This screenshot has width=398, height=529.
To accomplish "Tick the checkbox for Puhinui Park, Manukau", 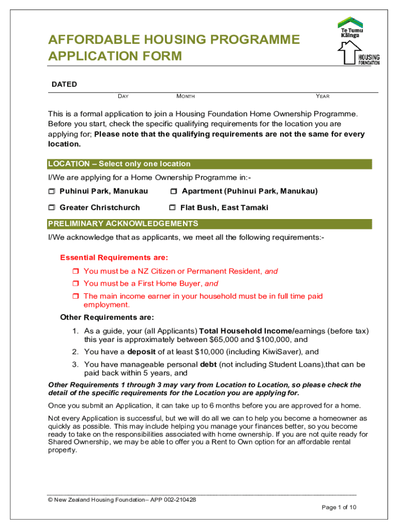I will click(52, 192).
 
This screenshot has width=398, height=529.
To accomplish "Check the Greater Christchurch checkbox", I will click(52, 208).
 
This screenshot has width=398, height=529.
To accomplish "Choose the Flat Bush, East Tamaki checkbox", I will click(173, 208).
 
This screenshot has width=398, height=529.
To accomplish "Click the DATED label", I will click(64, 84).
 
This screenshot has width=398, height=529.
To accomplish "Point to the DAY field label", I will click(123, 96).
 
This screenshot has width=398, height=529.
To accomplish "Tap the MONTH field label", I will click(186, 96).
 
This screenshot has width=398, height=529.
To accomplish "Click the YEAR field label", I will click(323, 96).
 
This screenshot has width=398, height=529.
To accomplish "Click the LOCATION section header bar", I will click(209, 164).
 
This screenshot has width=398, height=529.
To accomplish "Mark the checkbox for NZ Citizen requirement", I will click(75, 271).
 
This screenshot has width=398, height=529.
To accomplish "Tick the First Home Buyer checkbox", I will click(75, 284).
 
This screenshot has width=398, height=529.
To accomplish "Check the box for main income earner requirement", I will click(75, 297).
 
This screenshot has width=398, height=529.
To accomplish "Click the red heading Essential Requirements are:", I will click(114, 257).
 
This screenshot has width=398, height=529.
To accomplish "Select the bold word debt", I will click(208, 365).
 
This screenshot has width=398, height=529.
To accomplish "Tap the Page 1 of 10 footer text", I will click(339, 507).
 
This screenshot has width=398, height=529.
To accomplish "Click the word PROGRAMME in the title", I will click(248, 40).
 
